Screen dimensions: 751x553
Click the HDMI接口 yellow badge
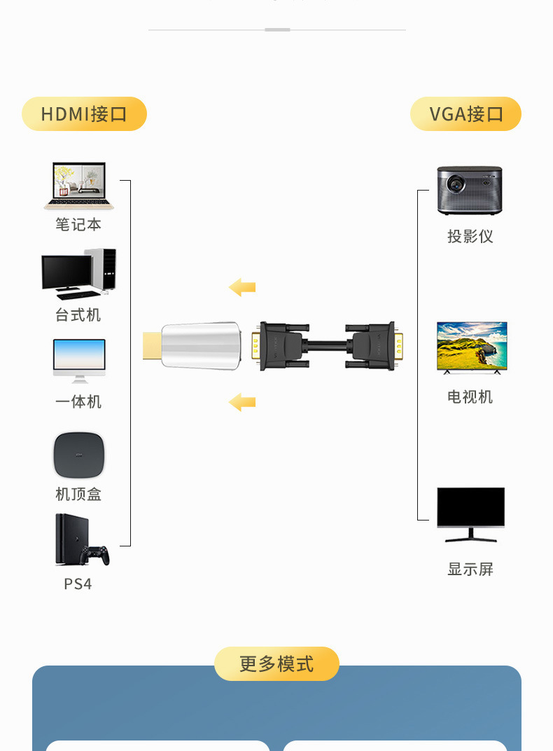pos(84,114)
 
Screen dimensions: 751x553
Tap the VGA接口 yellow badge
pos(465,114)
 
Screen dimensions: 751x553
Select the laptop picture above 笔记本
pos(79,186)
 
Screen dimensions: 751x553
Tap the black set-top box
pos(79,455)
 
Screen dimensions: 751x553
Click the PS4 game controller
pos(94,555)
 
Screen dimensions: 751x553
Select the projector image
pos(470,190)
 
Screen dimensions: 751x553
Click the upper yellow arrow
pos(242,287)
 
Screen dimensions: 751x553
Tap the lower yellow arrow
pos(242,402)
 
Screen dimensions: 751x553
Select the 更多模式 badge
pos(276,663)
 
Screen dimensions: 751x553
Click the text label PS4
pos(78,584)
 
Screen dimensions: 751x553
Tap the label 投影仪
pos(470,237)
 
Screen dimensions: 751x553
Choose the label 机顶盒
pos(78,495)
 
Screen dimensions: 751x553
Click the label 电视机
pos(470,397)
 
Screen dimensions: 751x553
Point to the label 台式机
pos(78,315)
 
